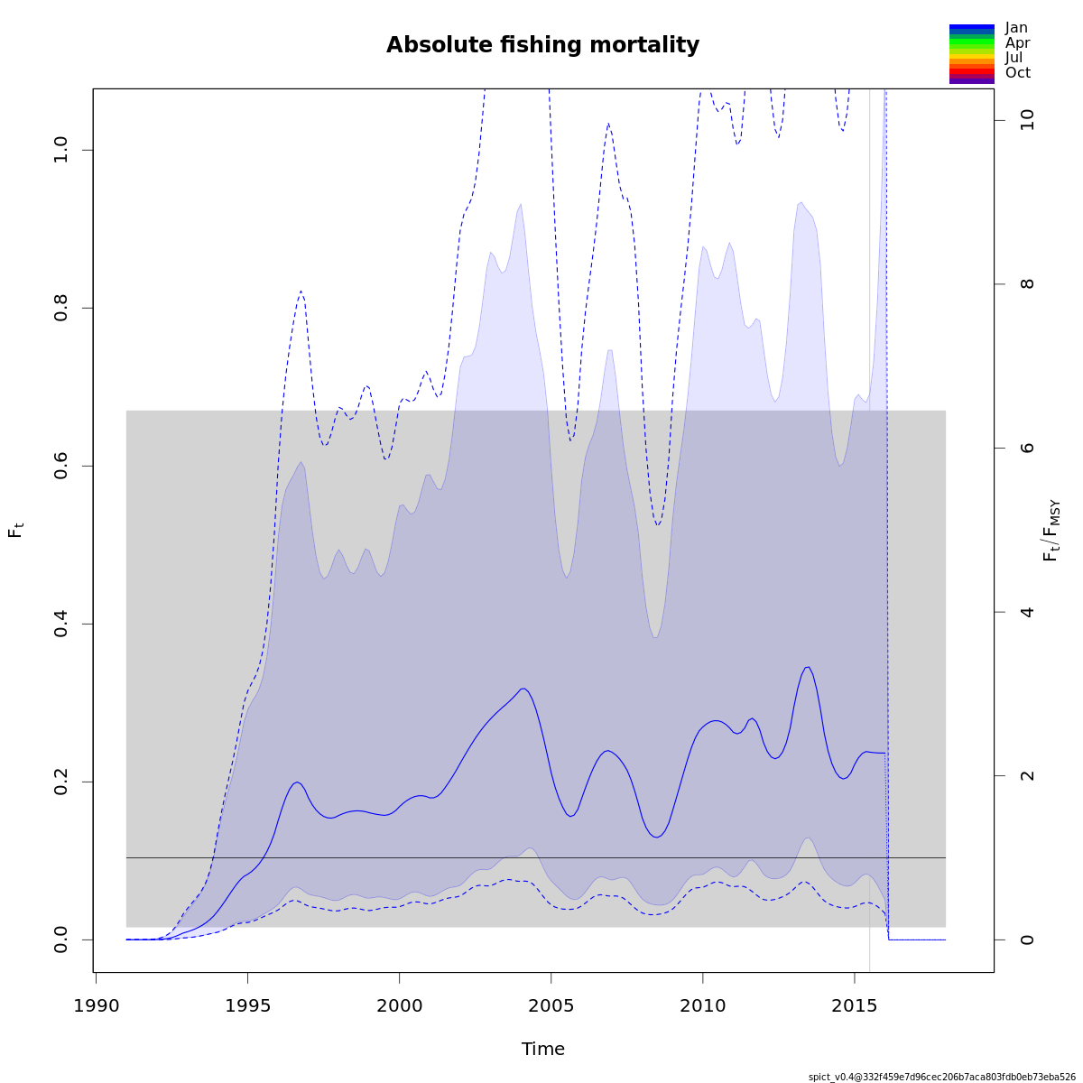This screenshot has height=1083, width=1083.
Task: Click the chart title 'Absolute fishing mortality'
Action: coord(542,45)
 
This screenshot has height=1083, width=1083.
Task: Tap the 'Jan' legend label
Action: coord(1016,28)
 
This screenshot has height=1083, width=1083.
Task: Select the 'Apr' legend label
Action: coord(1017,42)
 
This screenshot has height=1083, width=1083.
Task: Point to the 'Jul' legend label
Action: coord(1014,58)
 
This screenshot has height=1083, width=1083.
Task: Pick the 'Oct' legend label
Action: coord(1017,72)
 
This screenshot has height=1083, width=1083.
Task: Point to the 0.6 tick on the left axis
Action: coord(60,466)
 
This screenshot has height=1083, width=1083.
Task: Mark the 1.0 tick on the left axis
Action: coord(60,150)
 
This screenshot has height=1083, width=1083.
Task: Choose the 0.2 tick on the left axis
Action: coord(60,782)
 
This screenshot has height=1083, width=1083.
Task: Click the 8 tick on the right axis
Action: coord(1027,284)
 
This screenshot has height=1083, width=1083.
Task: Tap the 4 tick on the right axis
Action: coord(1027,612)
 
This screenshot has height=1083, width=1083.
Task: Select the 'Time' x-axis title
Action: coord(542,1049)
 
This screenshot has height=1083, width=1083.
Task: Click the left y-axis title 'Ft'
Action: coord(16,530)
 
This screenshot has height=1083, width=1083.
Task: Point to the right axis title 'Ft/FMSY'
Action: coord(1051,531)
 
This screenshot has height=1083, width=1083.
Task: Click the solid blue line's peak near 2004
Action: coord(523,689)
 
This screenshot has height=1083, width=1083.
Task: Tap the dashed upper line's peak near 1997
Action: coord(301,291)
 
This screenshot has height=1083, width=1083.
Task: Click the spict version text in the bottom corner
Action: coord(941,1077)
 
